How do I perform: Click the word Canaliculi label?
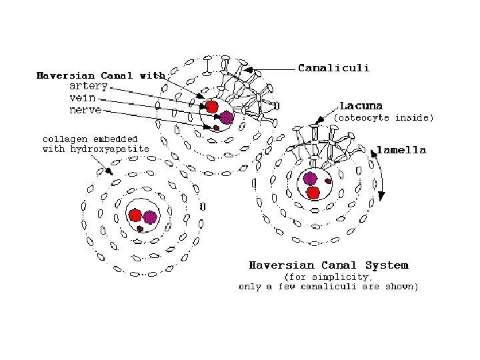[334, 67]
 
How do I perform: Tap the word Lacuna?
[361, 106]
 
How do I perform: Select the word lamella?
[401, 150]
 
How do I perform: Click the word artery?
[89, 86]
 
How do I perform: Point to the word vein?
[83, 98]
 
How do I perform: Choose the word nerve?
[85, 110]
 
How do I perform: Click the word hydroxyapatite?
[109, 149]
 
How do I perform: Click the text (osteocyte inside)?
[384, 117]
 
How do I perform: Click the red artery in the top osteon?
[211, 107]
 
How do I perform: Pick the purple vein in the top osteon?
[227, 117]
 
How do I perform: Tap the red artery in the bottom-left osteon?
[135, 215]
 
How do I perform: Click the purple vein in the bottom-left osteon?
[150, 217]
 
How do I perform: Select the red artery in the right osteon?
[313, 193]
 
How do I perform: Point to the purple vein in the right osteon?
[310, 179]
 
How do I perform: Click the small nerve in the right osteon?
[328, 181]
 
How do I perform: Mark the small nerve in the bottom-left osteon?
[140, 229]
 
